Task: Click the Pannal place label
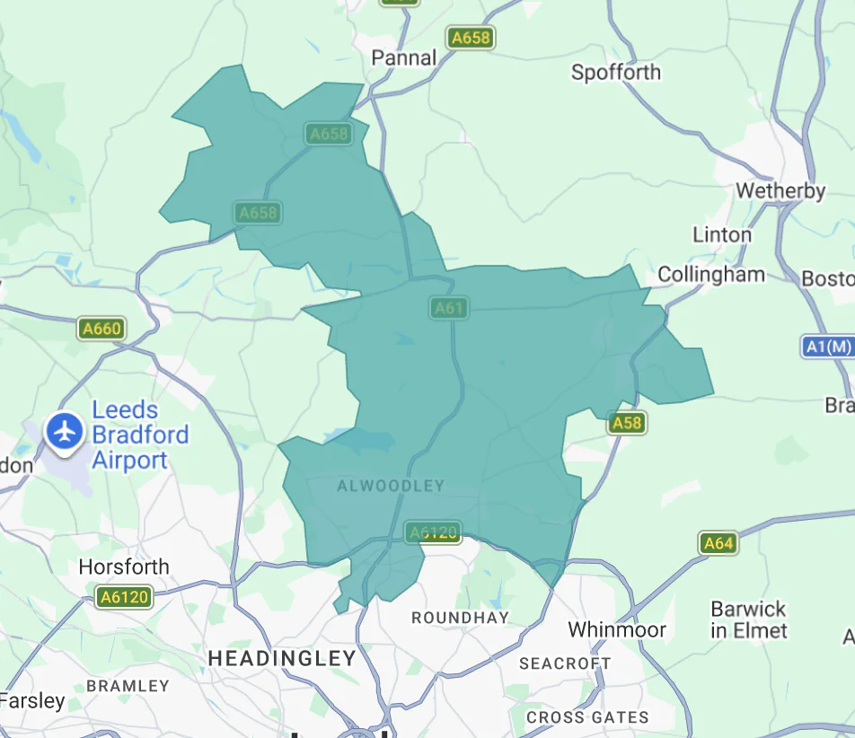pos(404,57)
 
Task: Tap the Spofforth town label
pos(616,72)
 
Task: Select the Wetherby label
pos(780,190)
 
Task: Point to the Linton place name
pos(722,234)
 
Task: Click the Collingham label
pos(711,274)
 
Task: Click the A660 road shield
pos(101,329)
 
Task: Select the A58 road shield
pos(626,422)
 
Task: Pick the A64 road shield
pos(718,542)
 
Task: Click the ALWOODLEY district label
pos(391,486)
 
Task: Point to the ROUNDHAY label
pos(460,618)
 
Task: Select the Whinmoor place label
pos(617,629)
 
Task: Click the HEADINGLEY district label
pos(282,658)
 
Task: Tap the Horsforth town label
pos(124,567)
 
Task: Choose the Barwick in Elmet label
pos(749,619)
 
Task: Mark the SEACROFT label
pos(565,663)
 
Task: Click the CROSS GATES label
pos(587,717)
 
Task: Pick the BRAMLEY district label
pos(128,685)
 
